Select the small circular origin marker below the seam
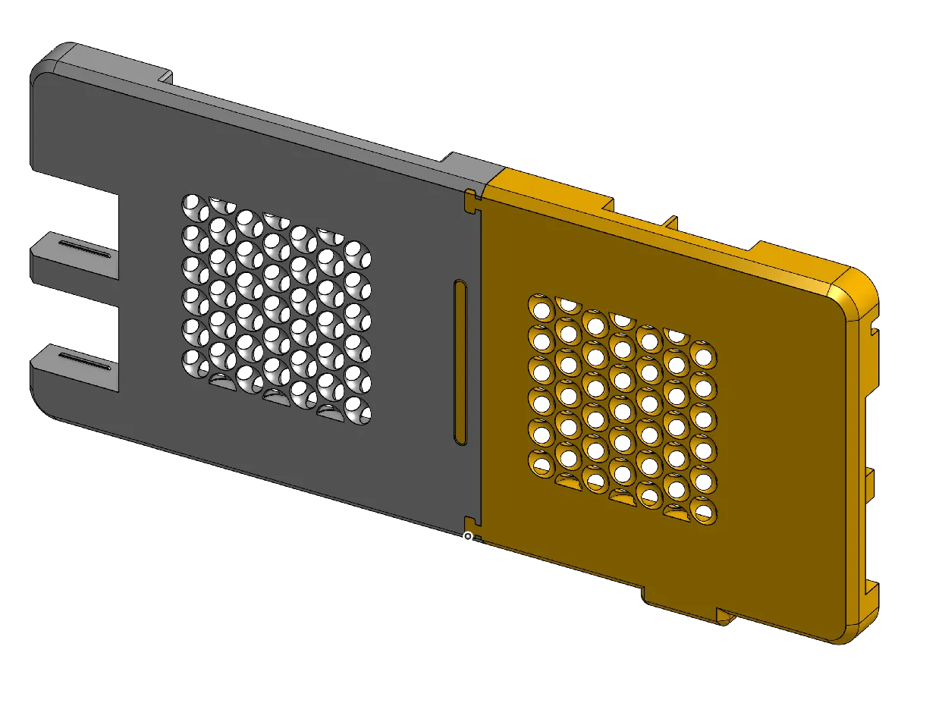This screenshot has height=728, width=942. point(468,537)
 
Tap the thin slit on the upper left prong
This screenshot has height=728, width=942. point(84,250)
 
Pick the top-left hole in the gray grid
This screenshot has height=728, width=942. point(193,206)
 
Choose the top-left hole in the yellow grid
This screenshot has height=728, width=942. point(541,309)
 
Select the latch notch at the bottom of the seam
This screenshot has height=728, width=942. point(471,521)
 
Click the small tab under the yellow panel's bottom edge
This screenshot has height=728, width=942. point(726,617)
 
